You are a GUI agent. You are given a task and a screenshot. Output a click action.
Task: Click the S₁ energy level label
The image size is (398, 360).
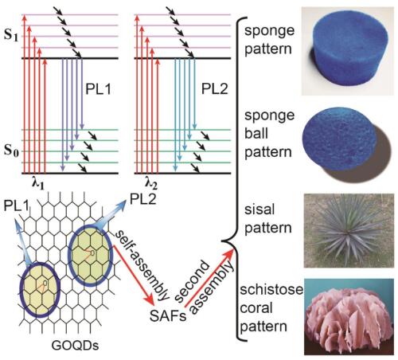pos(11,36)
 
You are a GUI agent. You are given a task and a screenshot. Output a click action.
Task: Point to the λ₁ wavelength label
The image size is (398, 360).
pos(38,183)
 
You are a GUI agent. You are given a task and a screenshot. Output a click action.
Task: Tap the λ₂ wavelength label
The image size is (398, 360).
pos(150,183)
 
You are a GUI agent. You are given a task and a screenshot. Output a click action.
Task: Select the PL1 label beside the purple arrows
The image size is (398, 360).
pos(98,89)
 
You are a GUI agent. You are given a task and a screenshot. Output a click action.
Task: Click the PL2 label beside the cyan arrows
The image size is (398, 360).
pos(214,89)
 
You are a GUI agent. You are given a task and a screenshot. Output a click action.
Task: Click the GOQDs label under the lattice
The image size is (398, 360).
pos(75,346)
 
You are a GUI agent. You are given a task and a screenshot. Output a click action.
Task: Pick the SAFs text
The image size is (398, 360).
pos(168,316)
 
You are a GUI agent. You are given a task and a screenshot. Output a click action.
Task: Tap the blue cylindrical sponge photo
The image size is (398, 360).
pos(348,51)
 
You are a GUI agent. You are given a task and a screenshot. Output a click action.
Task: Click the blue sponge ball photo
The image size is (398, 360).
pos(347,145)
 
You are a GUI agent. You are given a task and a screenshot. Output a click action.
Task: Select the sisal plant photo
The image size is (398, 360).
pos(349,230)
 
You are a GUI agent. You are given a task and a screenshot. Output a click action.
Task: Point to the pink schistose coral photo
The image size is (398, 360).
pos(349,316)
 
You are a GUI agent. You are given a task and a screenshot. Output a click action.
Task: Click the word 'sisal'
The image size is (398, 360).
pos(259,209)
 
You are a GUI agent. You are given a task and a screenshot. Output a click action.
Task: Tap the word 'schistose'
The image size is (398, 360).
pos(271,289)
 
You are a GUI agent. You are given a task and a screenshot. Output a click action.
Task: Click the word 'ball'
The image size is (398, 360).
pos(256,133)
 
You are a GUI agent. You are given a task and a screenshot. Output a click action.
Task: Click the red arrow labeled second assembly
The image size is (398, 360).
pos(209,278)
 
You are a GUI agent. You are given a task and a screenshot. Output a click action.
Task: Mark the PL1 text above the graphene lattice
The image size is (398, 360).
pos(16,206)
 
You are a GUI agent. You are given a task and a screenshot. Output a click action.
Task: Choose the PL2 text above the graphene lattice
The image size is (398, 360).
pos(143,199)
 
